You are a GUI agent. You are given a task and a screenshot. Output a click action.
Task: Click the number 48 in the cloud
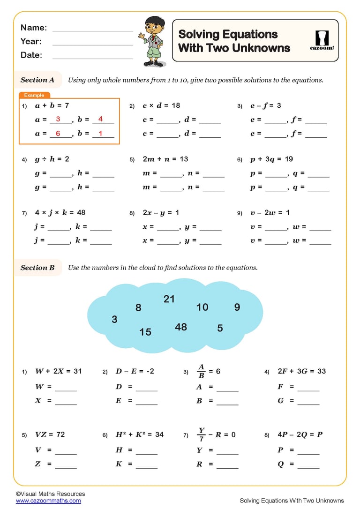click(x=181, y=327)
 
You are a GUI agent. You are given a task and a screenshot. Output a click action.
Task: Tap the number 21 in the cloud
click(x=169, y=299)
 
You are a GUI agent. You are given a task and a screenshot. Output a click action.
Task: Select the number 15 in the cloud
click(x=145, y=332)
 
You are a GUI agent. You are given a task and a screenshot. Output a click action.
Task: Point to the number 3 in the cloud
click(x=114, y=320)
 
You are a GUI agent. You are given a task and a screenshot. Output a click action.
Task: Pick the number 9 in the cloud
click(x=237, y=307)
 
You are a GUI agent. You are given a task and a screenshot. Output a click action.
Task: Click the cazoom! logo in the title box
click(x=322, y=40)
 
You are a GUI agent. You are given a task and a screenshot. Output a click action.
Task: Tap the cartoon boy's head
click(x=152, y=26)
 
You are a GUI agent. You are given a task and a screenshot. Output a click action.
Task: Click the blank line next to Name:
click(x=93, y=30)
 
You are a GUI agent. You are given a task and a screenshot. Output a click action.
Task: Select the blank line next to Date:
click(x=93, y=57)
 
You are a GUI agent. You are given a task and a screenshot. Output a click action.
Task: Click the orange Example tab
click(x=34, y=95)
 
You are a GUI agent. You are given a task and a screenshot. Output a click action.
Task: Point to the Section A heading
click(x=37, y=80)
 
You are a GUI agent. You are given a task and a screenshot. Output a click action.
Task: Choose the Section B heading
click(x=37, y=268)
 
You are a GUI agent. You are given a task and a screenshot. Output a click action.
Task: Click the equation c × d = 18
click(x=161, y=106)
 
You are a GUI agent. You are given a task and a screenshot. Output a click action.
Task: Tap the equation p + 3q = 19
click(x=271, y=159)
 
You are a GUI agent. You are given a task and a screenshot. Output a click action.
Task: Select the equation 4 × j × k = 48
click(x=60, y=213)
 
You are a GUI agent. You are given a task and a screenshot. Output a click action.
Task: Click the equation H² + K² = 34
click(x=140, y=434)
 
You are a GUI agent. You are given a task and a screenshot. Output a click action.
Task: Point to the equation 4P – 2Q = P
click(x=300, y=434)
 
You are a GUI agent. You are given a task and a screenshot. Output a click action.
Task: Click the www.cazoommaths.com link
click(x=48, y=501)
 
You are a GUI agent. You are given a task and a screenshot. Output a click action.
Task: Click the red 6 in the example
click(x=58, y=134)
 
